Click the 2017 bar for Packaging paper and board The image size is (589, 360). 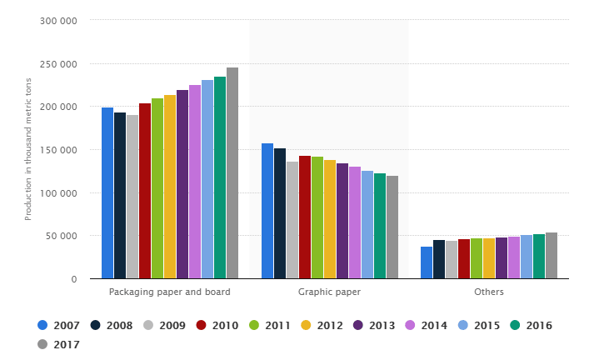232,173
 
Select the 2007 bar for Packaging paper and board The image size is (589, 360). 107,192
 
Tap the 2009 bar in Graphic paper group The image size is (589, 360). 292,220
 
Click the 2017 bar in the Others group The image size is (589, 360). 552,256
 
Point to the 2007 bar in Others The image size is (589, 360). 427,262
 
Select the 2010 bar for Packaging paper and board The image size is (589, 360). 145,191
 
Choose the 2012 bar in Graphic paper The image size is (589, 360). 330,219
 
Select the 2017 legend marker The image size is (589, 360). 42,344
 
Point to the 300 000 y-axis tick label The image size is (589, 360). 58,21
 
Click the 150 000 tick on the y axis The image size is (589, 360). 58,150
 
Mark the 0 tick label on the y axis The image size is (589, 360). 74,279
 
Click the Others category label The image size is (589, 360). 489,292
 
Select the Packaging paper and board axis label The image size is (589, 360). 170,292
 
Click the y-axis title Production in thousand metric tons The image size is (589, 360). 28,150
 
